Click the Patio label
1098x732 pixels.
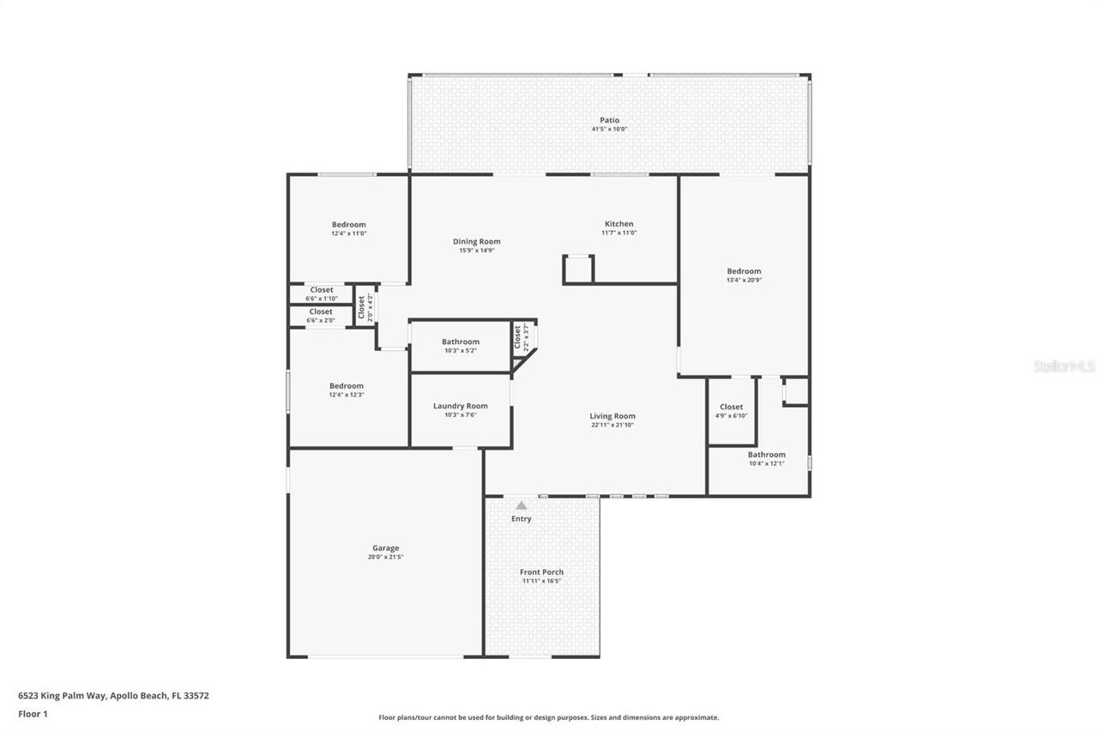(609, 120)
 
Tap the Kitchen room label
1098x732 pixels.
(618, 224)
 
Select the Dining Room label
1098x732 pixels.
(476, 242)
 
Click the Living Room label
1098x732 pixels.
(612, 416)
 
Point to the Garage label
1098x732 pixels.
(385, 548)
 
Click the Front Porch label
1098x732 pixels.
(541, 572)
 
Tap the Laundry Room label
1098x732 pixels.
(460, 406)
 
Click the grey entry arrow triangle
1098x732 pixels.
(521, 505)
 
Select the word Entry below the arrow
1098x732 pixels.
(521, 519)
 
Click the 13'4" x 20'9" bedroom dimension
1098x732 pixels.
(744, 281)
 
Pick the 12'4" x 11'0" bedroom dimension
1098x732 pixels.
(348, 233)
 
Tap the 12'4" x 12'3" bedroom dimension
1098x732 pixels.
(347, 395)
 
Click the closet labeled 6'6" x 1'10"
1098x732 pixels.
(322, 294)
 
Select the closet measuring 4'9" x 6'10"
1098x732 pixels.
(731, 411)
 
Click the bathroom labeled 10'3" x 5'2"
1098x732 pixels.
(461, 346)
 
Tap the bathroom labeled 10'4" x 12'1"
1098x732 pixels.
(766, 459)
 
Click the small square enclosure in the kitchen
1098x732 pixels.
(578, 269)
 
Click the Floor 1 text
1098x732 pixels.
(33, 713)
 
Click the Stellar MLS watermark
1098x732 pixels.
(1064, 366)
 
